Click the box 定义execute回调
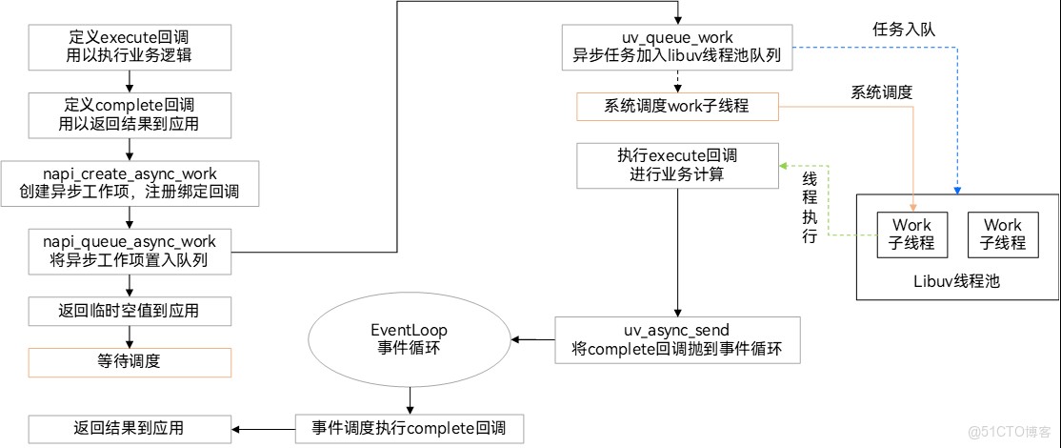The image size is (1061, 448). pos(129,47)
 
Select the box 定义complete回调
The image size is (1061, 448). pos(129,114)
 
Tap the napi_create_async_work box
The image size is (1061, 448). pos(130,183)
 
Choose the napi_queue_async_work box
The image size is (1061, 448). pos(129,251)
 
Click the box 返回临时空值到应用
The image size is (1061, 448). pos(129,312)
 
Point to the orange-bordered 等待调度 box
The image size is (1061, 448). pos(129,362)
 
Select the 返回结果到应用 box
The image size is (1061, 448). pos(129,428)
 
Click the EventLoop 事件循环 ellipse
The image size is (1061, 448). pos(410,339)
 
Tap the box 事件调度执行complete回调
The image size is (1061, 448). pos(410,428)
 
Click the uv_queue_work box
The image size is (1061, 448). pos(676,47)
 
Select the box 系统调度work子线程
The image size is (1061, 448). pos(676,106)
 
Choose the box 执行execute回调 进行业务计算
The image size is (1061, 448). pos(676,165)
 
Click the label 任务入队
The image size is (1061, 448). pos(898,31)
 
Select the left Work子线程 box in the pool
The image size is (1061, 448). pos(911,234)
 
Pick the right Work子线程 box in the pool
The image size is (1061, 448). pos(1003,234)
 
